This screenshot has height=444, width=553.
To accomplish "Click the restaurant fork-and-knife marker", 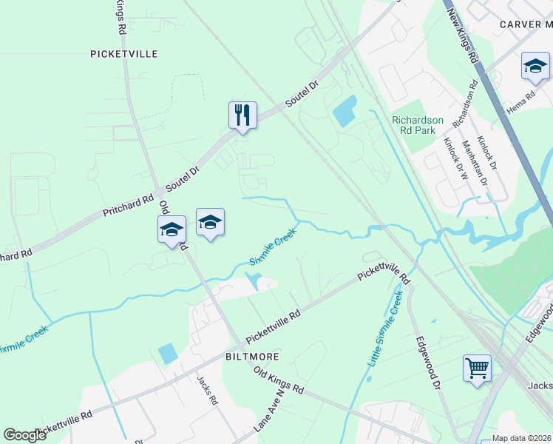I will click(x=242, y=115).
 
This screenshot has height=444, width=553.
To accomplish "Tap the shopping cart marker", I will click(x=477, y=368).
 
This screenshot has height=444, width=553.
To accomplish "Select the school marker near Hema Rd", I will click(x=535, y=67).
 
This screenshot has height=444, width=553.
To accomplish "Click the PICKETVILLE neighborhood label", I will click(x=124, y=54).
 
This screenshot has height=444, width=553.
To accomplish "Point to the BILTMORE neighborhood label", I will click(x=251, y=357).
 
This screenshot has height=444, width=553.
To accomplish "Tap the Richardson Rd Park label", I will click(x=418, y=125).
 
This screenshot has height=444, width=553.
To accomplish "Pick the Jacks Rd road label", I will click(x=207, y=390).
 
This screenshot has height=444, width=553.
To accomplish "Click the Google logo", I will click(x=25, y=435).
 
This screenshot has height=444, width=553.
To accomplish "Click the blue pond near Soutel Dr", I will click(x=345, y=112).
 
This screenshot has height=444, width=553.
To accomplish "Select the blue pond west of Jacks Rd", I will click(x=168, y=354).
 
